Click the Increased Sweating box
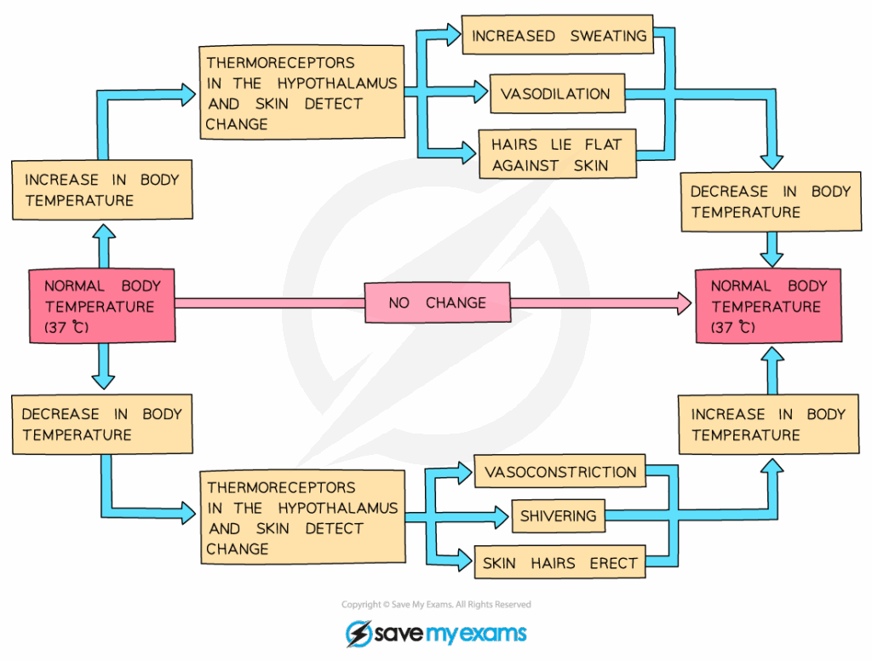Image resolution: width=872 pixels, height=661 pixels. [x=558, y=35]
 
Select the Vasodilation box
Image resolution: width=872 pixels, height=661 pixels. [x=557, y=94]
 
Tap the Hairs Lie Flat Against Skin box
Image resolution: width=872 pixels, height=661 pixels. [x=558, y=154]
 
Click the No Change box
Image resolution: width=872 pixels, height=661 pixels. [x=438, y=302]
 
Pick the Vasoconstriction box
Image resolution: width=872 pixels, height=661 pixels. [x=560, y=472]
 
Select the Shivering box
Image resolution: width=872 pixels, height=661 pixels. [x=559, y=516]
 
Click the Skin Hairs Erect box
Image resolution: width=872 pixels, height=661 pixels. [x=559, y=563]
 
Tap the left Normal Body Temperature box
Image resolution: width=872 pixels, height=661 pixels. [x=102, y=307]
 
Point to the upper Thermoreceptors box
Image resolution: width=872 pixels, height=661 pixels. [x=301, y=93]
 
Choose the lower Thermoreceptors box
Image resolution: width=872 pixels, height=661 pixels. [x=302, y=518]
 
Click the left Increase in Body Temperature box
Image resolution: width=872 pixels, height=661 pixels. [x=102, y=191]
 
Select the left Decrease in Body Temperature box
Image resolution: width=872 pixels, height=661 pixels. [x=102, y=424]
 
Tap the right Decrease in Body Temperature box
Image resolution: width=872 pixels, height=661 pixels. [x=769, y=202]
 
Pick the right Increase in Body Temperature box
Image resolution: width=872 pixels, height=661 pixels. [x=769, y=424]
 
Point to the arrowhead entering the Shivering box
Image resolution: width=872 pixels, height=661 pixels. [x=502, y=515]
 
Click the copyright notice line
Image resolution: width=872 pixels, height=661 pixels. [x=436, y=605]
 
